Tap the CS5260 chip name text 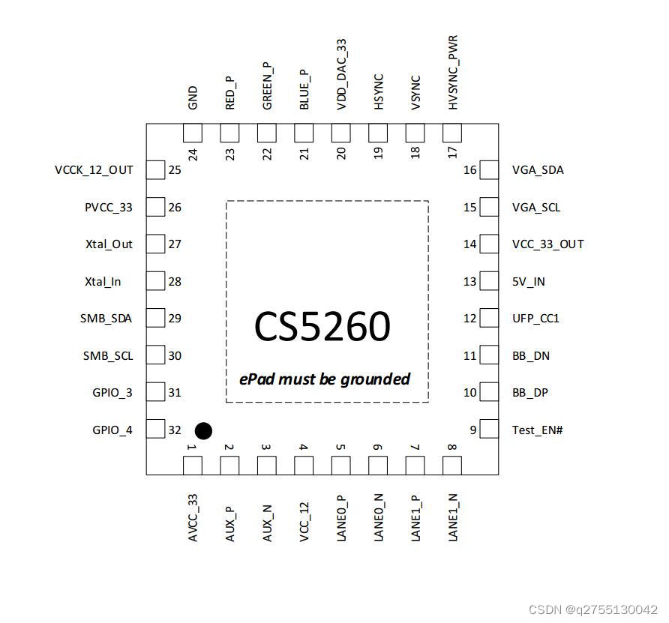coord(322,327)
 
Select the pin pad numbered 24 coord(193,134)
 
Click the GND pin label coord(193,98)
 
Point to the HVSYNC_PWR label coord(452,72)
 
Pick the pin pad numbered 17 coord(452,134)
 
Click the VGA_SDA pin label coord(538,170)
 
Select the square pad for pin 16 coord(489,170)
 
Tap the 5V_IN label coord(528,282)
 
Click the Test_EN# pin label coord(537,430)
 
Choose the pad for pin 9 coord(489,430)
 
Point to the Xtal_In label coord(103,282)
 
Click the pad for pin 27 coord(155,244)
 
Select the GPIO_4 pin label coord(112,430)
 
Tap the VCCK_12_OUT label coord(94,170)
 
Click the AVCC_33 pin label coord(193,518)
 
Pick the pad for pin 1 coord(193,466)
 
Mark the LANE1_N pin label coord(452,517)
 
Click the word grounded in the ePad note coord(375,379)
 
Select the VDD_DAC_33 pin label coord(341,75)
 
